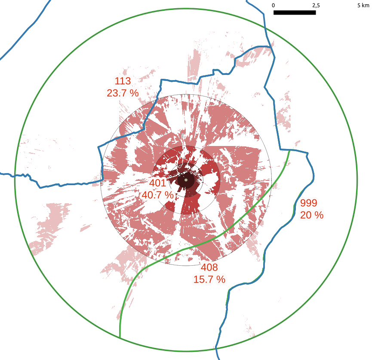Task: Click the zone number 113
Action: [123, 81]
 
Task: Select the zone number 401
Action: [157, 183]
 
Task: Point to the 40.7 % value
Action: [157, 195]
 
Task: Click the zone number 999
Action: [309, 203]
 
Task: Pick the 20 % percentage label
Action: [311, 215]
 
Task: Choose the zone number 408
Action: [209, 267]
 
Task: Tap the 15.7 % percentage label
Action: [209, 279]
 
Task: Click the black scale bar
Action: [295, 12]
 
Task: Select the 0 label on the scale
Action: [274, 5]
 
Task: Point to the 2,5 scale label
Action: [316, 5]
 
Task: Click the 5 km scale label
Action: [363, 5]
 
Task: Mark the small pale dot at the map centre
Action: [186, 180]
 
